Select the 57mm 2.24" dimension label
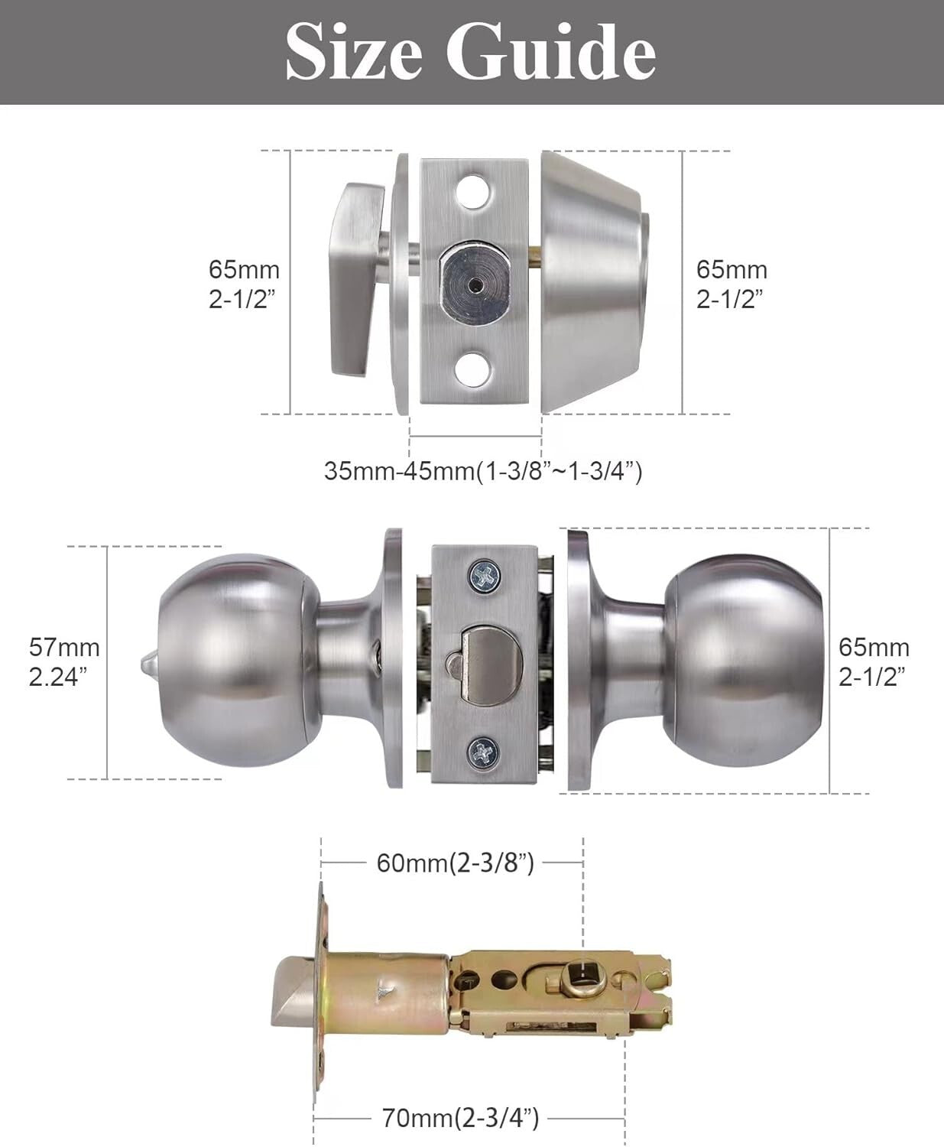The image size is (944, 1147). [64, 661]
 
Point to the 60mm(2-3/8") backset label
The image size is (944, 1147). [455, 863]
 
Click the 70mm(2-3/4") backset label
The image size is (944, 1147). [460, 1119]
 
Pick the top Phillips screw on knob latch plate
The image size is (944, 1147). [484, 573]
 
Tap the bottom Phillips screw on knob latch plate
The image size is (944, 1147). [484, 752]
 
